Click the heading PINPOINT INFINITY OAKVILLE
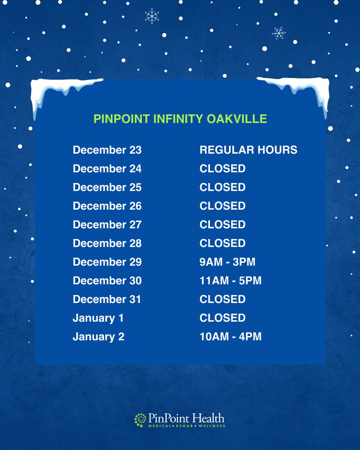[x=180, y=119]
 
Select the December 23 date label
[x=107, y=150]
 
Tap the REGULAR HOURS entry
[x=248, y=150]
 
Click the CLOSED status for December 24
[x=222, y=169]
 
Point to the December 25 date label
[x=107, y=187]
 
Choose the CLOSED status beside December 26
[x=222, y=206]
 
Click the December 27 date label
[x=107, y=225]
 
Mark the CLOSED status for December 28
[x=222, y=243]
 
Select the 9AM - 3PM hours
[x=227, y=262]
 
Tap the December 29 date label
[x=107, y=262]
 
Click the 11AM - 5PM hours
[x=230, y=280]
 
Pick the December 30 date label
[x=107, y=280]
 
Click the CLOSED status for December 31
[x=222, y=299]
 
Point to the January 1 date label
[x=98, y=318]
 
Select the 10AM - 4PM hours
[x=230, y=337]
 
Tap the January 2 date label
[x=98, y=337]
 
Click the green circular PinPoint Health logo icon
[x=140, y=420]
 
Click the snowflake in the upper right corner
[x=279, y=33]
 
